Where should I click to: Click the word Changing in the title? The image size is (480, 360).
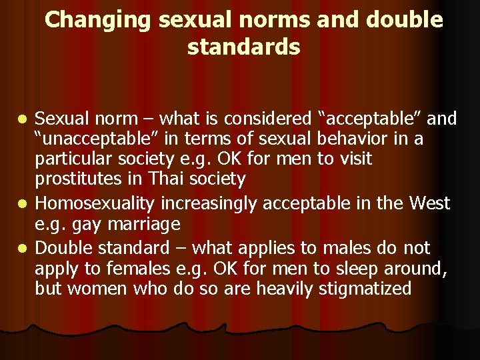click(99, 20)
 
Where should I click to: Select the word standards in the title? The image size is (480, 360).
click(244, 48)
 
